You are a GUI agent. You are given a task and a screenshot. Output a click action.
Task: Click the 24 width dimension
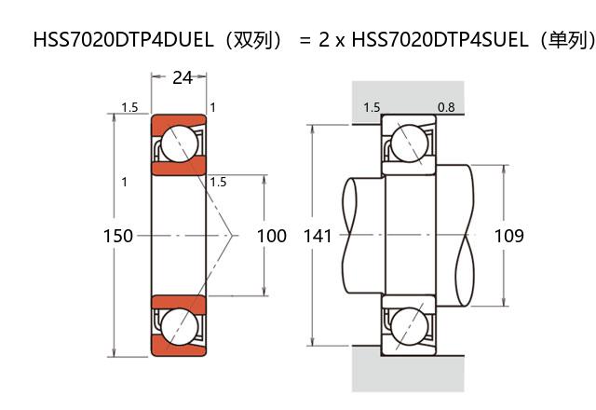tap(183, 78)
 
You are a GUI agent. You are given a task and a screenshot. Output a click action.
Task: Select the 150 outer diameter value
tap(117, 236)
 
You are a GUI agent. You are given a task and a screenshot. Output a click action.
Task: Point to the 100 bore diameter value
tap(271, 236)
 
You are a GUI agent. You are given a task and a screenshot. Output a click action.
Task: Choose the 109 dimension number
tap(508, 236)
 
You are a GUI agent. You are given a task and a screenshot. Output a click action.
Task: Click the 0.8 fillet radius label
tap(446, 108)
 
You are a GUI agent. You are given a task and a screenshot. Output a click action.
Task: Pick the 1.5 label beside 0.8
tap(372, 108)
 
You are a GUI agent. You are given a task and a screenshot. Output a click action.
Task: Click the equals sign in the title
tap(304, 40)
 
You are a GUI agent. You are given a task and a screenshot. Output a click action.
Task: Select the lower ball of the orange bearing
tap(178, 327)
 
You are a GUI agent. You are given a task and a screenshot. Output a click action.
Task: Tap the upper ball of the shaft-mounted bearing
tap(409, 144)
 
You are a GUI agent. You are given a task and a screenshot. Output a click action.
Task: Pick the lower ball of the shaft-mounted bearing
tap(409, 327)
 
